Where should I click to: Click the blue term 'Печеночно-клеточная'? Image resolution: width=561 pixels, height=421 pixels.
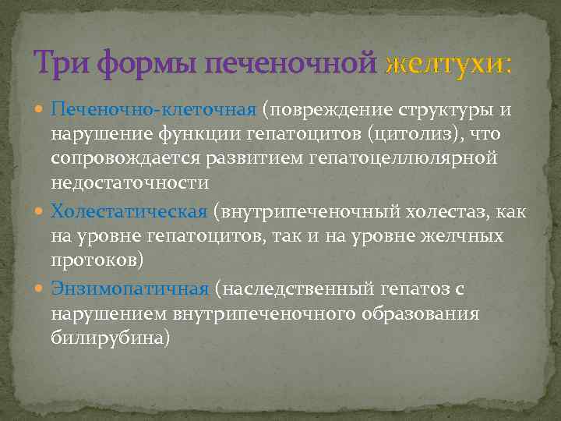point(153,108)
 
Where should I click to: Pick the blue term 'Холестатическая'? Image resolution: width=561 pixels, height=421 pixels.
point(129,211)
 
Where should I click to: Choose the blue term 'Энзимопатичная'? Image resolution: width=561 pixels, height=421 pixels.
point(129,288)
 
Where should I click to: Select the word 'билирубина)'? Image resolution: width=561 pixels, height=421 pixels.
point(110,340)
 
